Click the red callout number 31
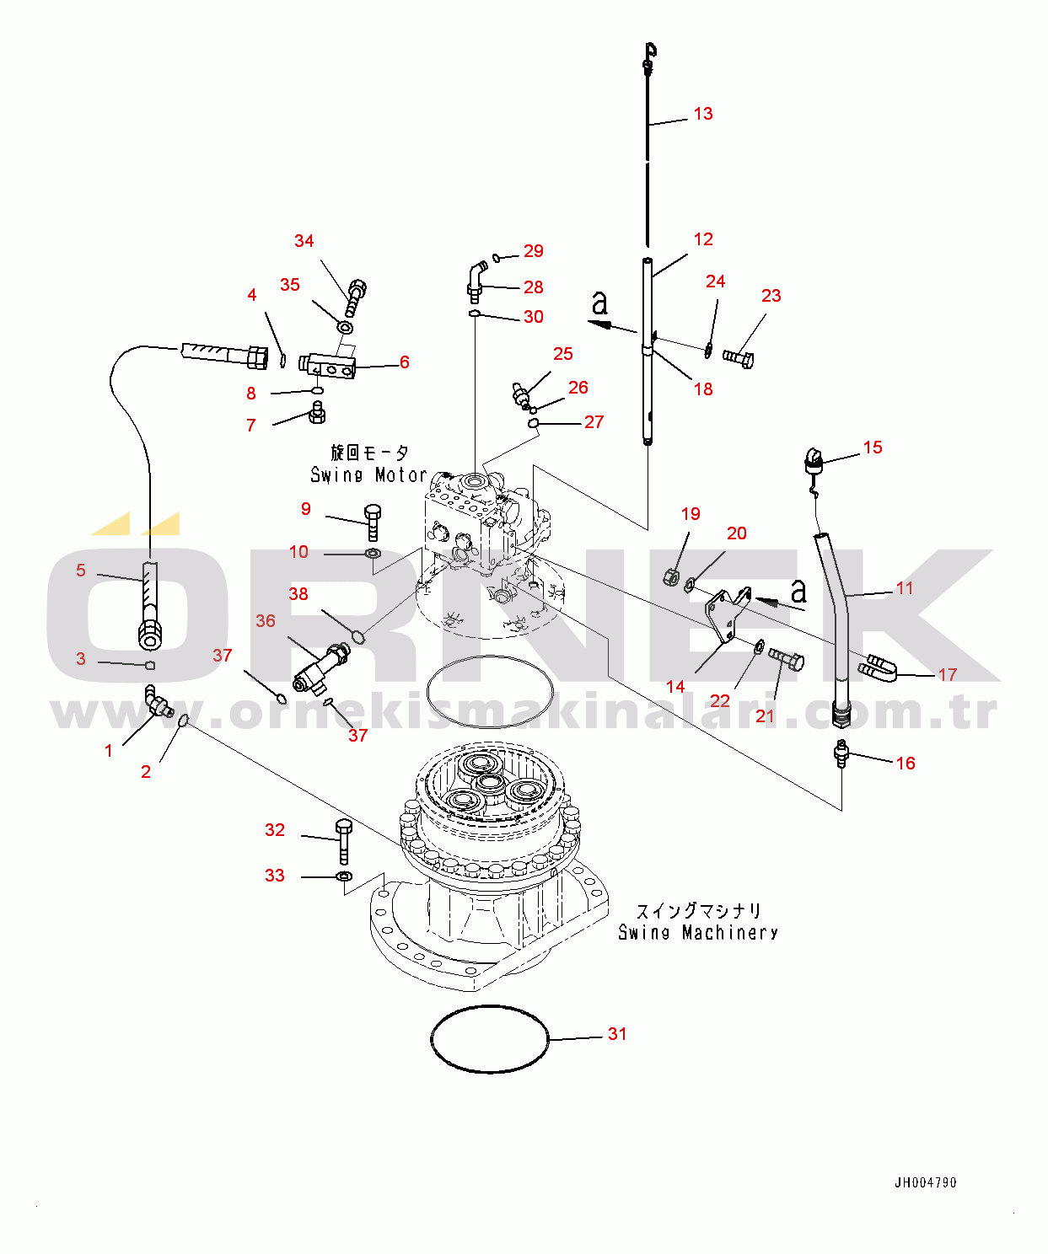coord(617,1034)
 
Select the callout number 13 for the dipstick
coord(703,114)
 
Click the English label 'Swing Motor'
coord(368,475)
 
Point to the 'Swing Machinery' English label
coord(697,933)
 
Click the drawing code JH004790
coord(925,1182)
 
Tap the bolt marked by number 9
coord(373,522)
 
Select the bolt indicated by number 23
coord(739,358)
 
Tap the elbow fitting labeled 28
coord(476,281)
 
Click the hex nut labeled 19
coord(672,577)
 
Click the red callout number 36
coord(266,621)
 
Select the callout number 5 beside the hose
coord(81,571)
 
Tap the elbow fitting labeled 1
coord(157,703)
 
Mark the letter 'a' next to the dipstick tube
coord(599,302)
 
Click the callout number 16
coord(906,764)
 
